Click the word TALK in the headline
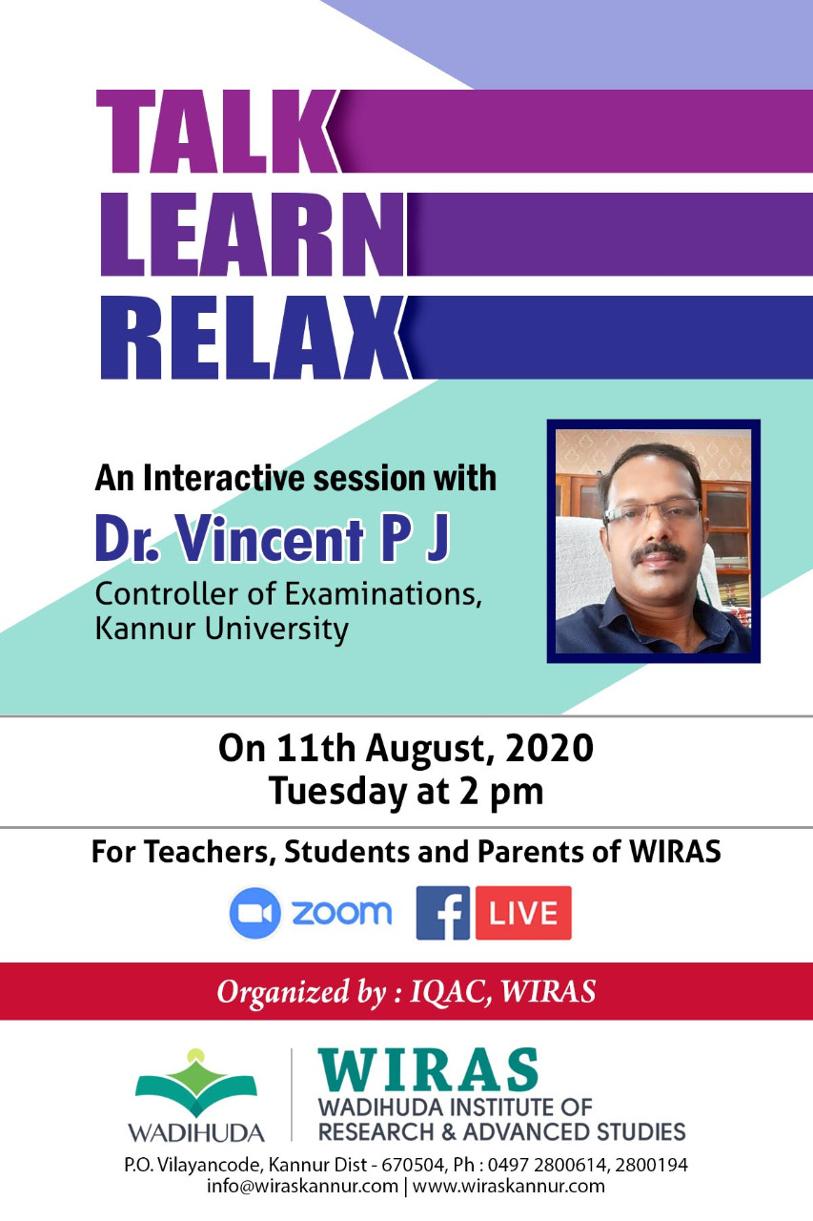(x=216, y=132)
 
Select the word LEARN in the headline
(x=254, y=235)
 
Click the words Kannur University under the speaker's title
(x=222, y=630)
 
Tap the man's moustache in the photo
(x=659, y=552)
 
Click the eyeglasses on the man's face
(x=652, y=510)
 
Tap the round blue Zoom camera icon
(x=254, y=913)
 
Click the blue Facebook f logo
(x=442, y=913)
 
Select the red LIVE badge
(x=523, y=913)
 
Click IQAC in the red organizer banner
(x=449, y=991)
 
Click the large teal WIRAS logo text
(x=428, y=1069)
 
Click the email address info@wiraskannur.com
(x=302, y=1186)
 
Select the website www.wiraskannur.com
(x=509, y=1186)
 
